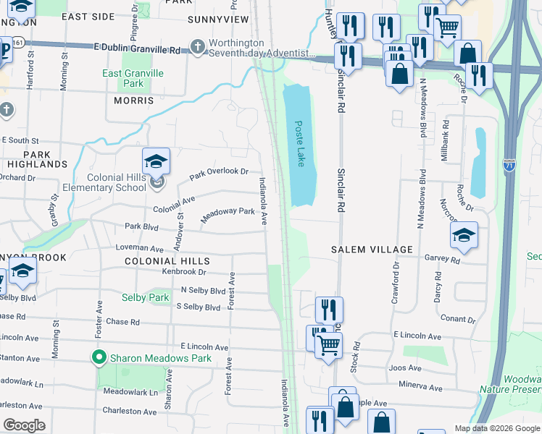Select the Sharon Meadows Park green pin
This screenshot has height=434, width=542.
coord(99,357)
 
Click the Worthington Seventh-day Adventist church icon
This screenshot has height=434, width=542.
coord(197,48)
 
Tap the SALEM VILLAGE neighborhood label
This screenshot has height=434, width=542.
coord(372,250)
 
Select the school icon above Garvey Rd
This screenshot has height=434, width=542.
coord(464,235)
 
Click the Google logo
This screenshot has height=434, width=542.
coord(24,425)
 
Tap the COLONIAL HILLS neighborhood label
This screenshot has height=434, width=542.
coord(167,261)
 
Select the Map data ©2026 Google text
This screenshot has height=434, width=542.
coord(496,428)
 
